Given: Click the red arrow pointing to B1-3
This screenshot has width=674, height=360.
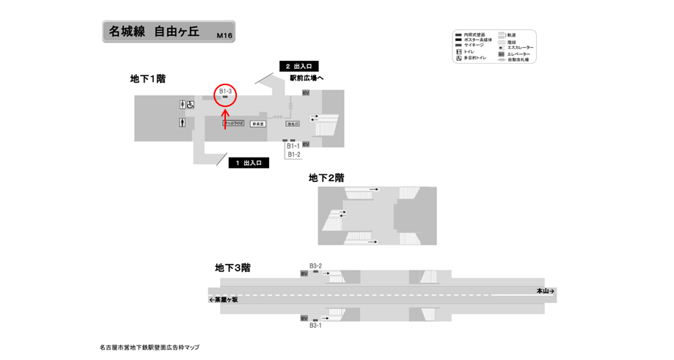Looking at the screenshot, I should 225,119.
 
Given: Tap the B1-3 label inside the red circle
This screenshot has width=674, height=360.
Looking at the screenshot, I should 226,91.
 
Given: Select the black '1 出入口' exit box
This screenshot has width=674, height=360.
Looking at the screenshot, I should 248,163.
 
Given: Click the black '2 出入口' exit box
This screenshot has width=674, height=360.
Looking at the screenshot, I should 298,67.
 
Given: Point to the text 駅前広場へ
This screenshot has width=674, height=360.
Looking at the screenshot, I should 307,78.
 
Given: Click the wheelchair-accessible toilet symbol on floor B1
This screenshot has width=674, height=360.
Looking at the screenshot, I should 189,105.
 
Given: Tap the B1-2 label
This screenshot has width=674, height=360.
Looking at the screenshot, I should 293,155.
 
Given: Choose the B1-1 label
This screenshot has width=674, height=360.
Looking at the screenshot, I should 293,147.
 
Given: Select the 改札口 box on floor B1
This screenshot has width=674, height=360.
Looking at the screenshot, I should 293,124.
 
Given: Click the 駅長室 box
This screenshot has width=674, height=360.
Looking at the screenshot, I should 258,124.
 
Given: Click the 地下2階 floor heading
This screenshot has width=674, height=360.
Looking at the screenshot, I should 326,177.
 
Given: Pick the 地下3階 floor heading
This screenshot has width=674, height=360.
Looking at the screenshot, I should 232,268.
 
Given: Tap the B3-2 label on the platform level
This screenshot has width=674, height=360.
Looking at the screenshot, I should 315,265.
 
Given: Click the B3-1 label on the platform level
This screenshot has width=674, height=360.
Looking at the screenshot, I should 315,325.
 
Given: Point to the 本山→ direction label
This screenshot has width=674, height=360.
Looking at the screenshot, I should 545,291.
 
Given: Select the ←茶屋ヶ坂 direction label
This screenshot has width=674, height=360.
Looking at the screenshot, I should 224,299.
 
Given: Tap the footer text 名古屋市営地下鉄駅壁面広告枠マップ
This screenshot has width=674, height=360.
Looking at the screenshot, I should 150,347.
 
